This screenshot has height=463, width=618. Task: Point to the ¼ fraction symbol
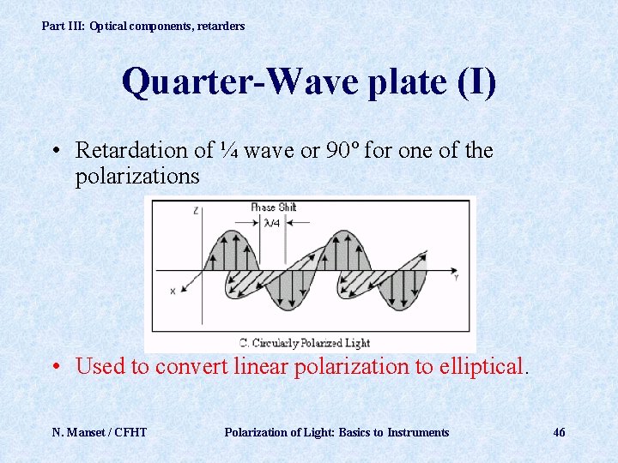227,151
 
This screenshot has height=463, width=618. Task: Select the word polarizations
137,177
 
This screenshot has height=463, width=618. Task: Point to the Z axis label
197,209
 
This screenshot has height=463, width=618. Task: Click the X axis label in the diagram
173,292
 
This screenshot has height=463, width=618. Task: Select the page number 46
559,432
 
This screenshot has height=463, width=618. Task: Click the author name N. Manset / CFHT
100,432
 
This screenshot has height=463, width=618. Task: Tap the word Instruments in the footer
418,432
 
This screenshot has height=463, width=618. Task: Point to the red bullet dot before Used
55,368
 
